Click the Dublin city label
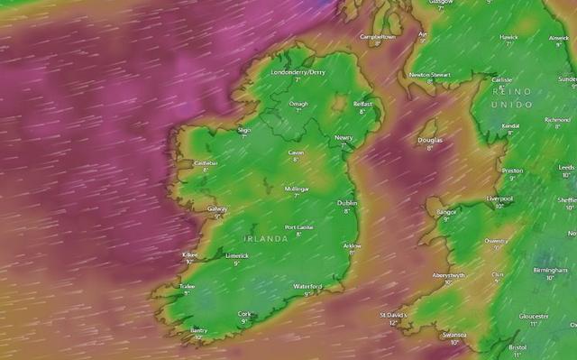[x=347, y=203]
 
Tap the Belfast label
[x=362, y=104]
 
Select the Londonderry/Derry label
[x=298, y=71]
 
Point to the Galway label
[x=216, y=208]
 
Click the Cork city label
[x=243, y=314]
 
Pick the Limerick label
[x=236, y=255]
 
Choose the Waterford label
[x=307, y=286]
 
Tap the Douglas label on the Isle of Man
[x=430, y=140]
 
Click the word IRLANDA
[x=266, y=238]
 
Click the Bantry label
[x=198, y=331]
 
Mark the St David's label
[x=392, y=315]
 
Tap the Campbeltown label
[x=378, y=37]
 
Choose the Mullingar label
[x=297, y=189]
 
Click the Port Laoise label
[x=298, y=226]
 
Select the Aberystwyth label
[x=448, y=274]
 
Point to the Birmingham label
[x=550, y=270]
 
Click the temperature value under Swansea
[x=453, y=342]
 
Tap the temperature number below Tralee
[x=188, y=292]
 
